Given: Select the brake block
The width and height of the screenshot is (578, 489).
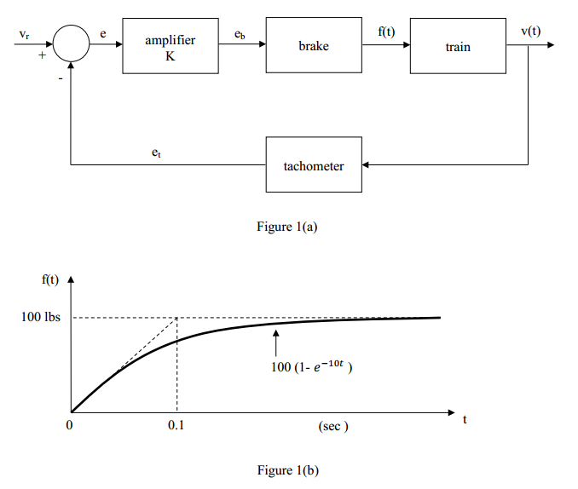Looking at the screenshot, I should (313, 46).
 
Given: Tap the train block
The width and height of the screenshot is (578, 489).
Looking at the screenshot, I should (458, 46).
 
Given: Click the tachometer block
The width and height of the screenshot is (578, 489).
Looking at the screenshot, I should (314, 165).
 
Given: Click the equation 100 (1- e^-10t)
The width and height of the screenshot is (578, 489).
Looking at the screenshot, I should (310, 366).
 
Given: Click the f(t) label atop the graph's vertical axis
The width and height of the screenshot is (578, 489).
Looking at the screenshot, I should (50, 279).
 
